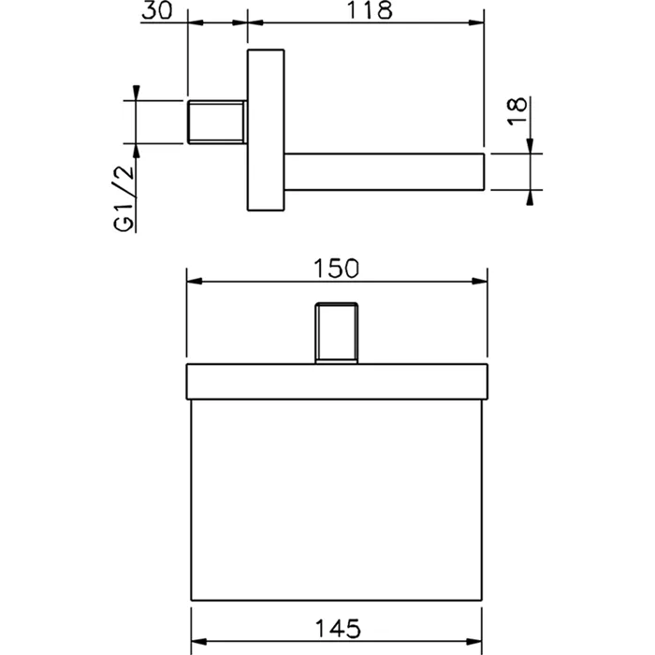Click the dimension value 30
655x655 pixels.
(x=156, y=10)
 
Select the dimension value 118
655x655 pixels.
(x=371, y=10)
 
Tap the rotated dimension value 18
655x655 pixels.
(x=517, y=110)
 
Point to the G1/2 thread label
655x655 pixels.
(x=124, y=197)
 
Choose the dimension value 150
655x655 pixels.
(x=336, y=269)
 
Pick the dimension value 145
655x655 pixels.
(x=338, y=628)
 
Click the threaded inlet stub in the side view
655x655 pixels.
(x=216, y=122)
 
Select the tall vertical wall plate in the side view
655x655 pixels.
(x=266, y=130)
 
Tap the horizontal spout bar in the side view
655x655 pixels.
(x=385, y=172)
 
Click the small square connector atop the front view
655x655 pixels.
(x=336, y=333)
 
